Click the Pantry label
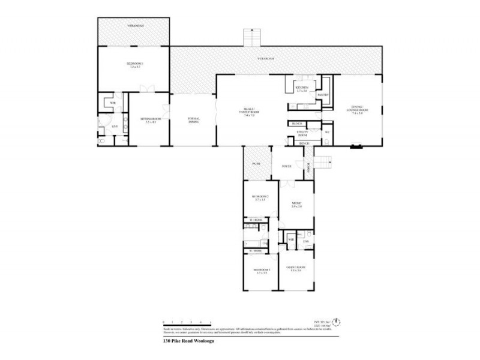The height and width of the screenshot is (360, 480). click(321, 95)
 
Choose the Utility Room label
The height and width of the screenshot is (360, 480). click(302, 133)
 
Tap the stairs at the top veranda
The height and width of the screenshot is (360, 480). click(251, 37)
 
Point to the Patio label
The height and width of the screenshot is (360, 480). click(256, 163)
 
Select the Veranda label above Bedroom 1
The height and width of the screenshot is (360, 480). click(134, 27)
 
